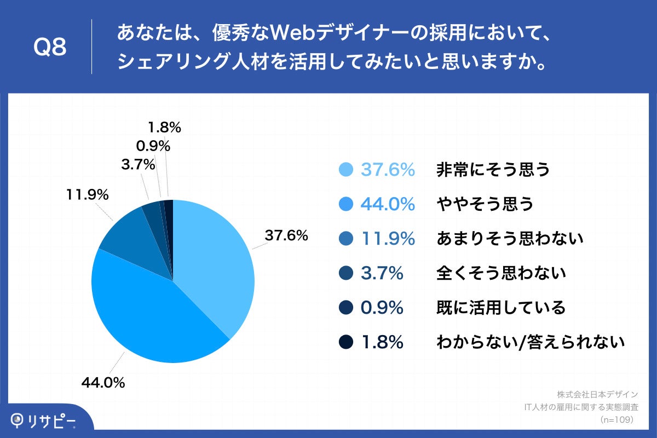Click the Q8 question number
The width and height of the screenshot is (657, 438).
click(50, 48)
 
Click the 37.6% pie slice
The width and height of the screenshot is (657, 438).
click(214, 257)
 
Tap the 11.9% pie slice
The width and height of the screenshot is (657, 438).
click(131, 241)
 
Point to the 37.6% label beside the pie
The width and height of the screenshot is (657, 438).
click(286, 235)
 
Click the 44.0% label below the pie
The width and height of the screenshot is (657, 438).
click(103, 383)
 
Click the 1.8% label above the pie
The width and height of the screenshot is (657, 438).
click(164, 128)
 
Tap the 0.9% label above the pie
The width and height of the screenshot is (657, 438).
click(153, 146)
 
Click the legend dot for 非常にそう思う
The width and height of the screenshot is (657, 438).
click(345, 170)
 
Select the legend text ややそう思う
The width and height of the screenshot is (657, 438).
click(485, 204)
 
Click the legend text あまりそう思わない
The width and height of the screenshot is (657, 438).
click(510, 239)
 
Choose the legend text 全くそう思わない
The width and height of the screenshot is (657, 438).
click(501, 273)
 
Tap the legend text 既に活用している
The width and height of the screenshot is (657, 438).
click(501, 307)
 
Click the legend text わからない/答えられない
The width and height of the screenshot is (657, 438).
click(530, 342)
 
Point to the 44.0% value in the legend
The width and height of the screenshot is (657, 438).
click(387, 204)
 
